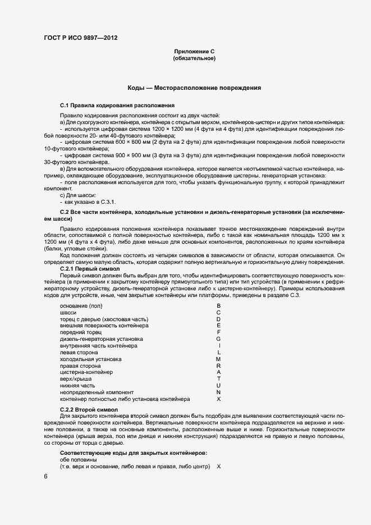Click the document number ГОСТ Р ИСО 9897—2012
coord(81,38)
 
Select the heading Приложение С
coord(194,52)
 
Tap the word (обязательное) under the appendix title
coord(194,58)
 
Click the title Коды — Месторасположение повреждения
coord(194,88)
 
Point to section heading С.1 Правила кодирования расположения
coord(117,105)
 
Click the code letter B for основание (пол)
coord(218,305)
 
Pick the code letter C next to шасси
coord(218,312)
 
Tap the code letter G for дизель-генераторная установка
coord(218,339)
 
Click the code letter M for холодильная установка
coord(218,359)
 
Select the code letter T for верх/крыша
coord(218,379)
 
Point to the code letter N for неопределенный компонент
coord(218,392)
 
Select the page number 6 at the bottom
coord(45,476)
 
